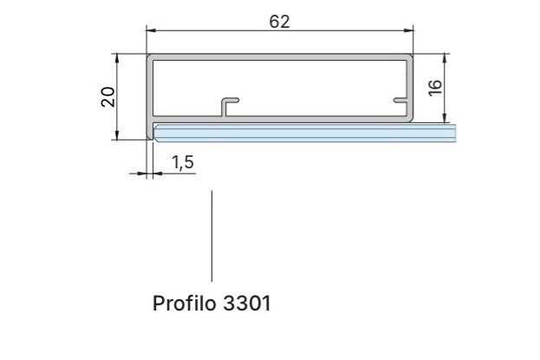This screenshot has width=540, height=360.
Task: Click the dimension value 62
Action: pos(279,22)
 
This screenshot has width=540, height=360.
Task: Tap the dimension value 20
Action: pos(107,97)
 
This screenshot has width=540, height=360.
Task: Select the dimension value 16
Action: pos(434,88)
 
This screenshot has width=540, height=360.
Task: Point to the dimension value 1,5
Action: pos(183,162)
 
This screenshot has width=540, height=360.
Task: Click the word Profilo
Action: pos(185,304)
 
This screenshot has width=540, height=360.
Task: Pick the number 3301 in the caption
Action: pos(246,304)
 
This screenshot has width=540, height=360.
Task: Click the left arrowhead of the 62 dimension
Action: pos(151,30)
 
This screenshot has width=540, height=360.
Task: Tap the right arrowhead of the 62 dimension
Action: pos(408,30)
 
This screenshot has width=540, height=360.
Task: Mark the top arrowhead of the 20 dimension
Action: pos(117,58)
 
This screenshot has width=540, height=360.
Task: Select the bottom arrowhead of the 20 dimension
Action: pos(117,134)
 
